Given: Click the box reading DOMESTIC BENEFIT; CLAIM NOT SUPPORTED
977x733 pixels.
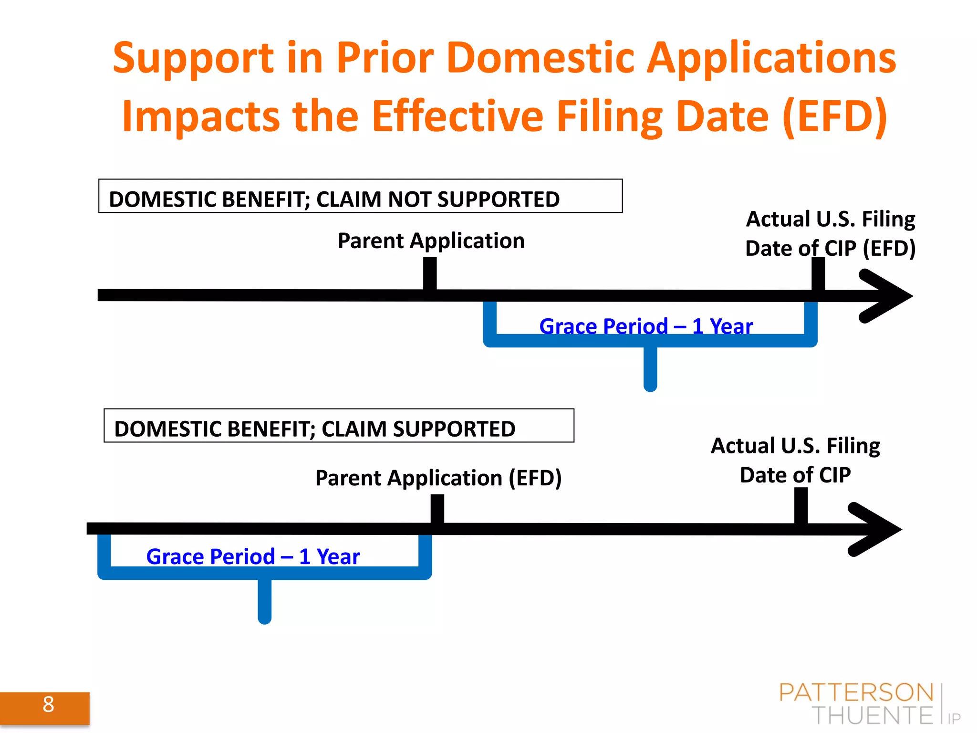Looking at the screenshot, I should [x=360, y=196].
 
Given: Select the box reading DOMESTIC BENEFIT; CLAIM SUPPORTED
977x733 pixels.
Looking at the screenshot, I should [x=339, y=426].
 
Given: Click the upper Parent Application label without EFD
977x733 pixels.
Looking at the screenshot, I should [x=431, y=241].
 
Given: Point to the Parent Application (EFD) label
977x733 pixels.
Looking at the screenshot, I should [x=438, y=478].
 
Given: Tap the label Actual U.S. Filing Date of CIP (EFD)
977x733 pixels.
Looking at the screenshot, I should [x=831, y=233].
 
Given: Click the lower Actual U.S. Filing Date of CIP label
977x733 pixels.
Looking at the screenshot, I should [x=795, y=460].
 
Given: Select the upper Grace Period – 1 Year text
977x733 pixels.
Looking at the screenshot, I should [x=646, y=326].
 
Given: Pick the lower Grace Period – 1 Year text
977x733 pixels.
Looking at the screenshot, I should [x=253, y=556].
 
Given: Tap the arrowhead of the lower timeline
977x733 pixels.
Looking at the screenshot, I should [x=877, y=529].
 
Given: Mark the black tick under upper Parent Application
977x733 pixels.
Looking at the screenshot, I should [x=430, y=273].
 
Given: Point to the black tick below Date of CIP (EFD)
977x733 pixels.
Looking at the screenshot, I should [x=818, y=273].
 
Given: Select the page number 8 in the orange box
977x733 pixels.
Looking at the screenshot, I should [x=48, y=704].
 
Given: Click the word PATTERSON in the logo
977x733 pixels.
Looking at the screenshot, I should [x=856, y=693].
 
